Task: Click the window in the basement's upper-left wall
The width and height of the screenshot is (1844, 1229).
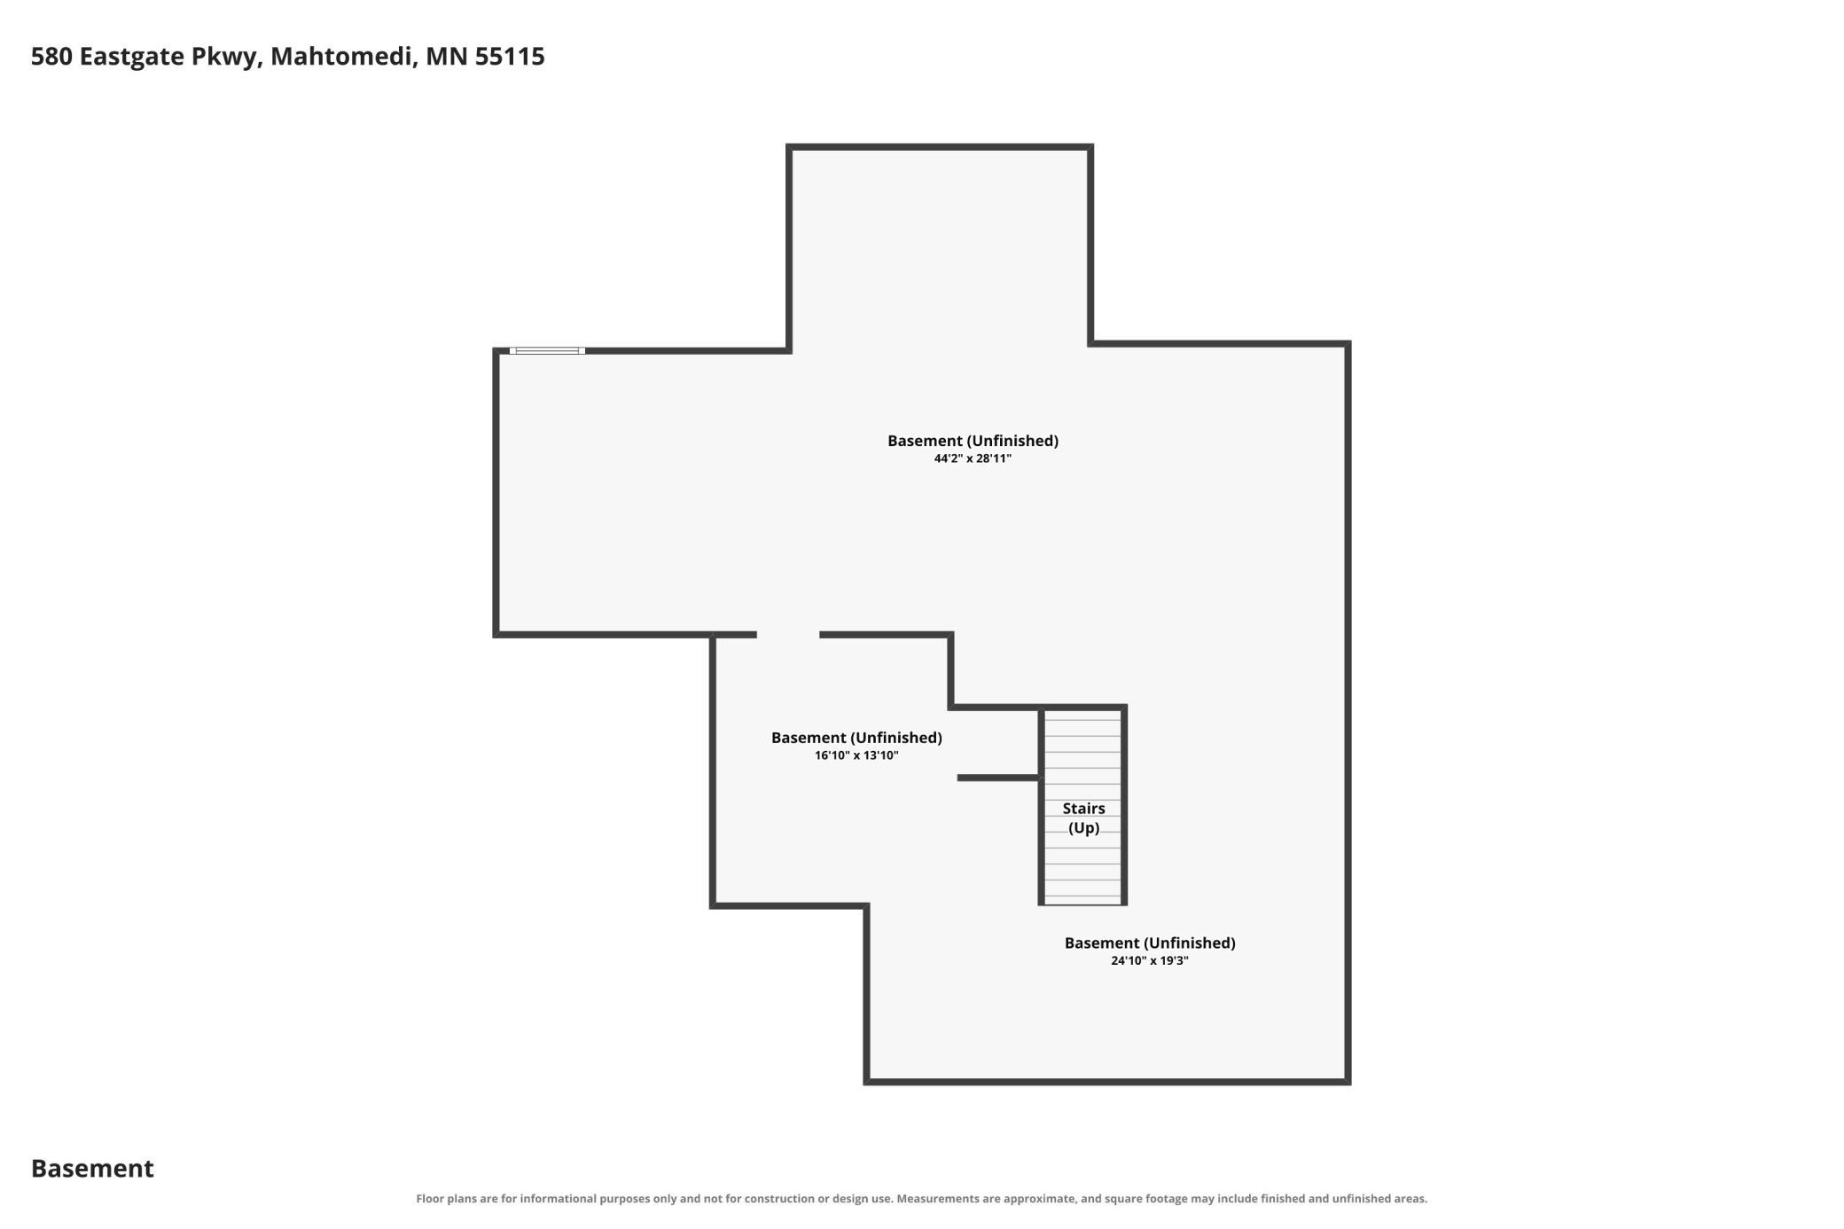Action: tap(547, 351)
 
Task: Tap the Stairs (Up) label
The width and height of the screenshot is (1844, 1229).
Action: tap(1083, 818)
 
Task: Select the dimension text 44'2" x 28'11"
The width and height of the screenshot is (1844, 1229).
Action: tap(973, 458)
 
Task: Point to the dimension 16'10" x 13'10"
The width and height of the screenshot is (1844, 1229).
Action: tap(856, 755)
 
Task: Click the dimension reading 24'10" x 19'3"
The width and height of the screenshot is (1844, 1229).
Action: tap(1150, 960)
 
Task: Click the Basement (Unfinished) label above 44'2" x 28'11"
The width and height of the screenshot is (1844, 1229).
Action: tap(973, 441)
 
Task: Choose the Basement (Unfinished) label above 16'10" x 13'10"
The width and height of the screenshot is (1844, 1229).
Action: tap(856, 738)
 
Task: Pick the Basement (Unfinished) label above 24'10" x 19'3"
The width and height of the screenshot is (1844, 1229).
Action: tap(1150, 943)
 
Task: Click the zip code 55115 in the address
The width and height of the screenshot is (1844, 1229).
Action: tap(510, 57)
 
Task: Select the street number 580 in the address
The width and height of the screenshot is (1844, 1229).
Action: tap(51, 57)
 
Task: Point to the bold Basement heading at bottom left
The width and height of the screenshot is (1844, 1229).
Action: tap(92, 1169)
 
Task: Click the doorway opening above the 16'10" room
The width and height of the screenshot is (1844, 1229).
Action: tap(788, 635)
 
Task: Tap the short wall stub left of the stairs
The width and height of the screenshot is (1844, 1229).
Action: tap(998, 778)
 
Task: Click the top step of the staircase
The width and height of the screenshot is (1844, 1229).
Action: tap(1082, 715)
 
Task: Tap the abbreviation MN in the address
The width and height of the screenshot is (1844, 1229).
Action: tap(446, 57)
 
